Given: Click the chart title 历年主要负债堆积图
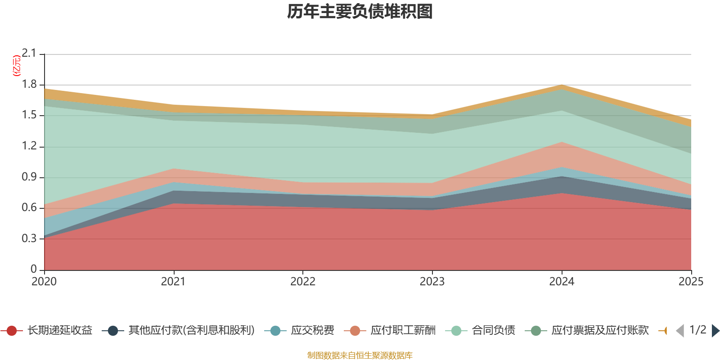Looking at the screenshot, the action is point(360,12).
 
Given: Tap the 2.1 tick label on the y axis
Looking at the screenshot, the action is point(29,54).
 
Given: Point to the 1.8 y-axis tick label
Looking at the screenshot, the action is point(29,84).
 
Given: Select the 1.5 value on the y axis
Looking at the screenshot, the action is point(29,115).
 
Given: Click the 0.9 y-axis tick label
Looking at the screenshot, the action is point(29,177).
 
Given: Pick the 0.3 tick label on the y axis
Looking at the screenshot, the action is point(29,238).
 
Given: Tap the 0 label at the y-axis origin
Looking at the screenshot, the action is point(33,269).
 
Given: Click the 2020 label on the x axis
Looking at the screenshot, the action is point(44,282).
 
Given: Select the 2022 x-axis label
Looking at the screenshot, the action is point(303,282).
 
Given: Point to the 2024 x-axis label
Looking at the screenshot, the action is point(562,282).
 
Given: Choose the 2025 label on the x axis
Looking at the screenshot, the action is point(691,282).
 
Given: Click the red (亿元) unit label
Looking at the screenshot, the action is point(16,66).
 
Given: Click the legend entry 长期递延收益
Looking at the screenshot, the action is point(47,330).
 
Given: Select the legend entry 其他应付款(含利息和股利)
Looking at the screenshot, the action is point(178,330).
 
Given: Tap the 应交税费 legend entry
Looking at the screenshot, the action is point(299,330).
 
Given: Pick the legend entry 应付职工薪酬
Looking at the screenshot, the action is point(390,330).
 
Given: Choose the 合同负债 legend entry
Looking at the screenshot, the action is point(480,330).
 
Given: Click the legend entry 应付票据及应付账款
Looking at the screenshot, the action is point(587,330).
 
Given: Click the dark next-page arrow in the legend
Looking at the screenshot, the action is point(715,330).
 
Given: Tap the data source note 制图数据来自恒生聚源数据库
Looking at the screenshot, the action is point(360,355).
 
